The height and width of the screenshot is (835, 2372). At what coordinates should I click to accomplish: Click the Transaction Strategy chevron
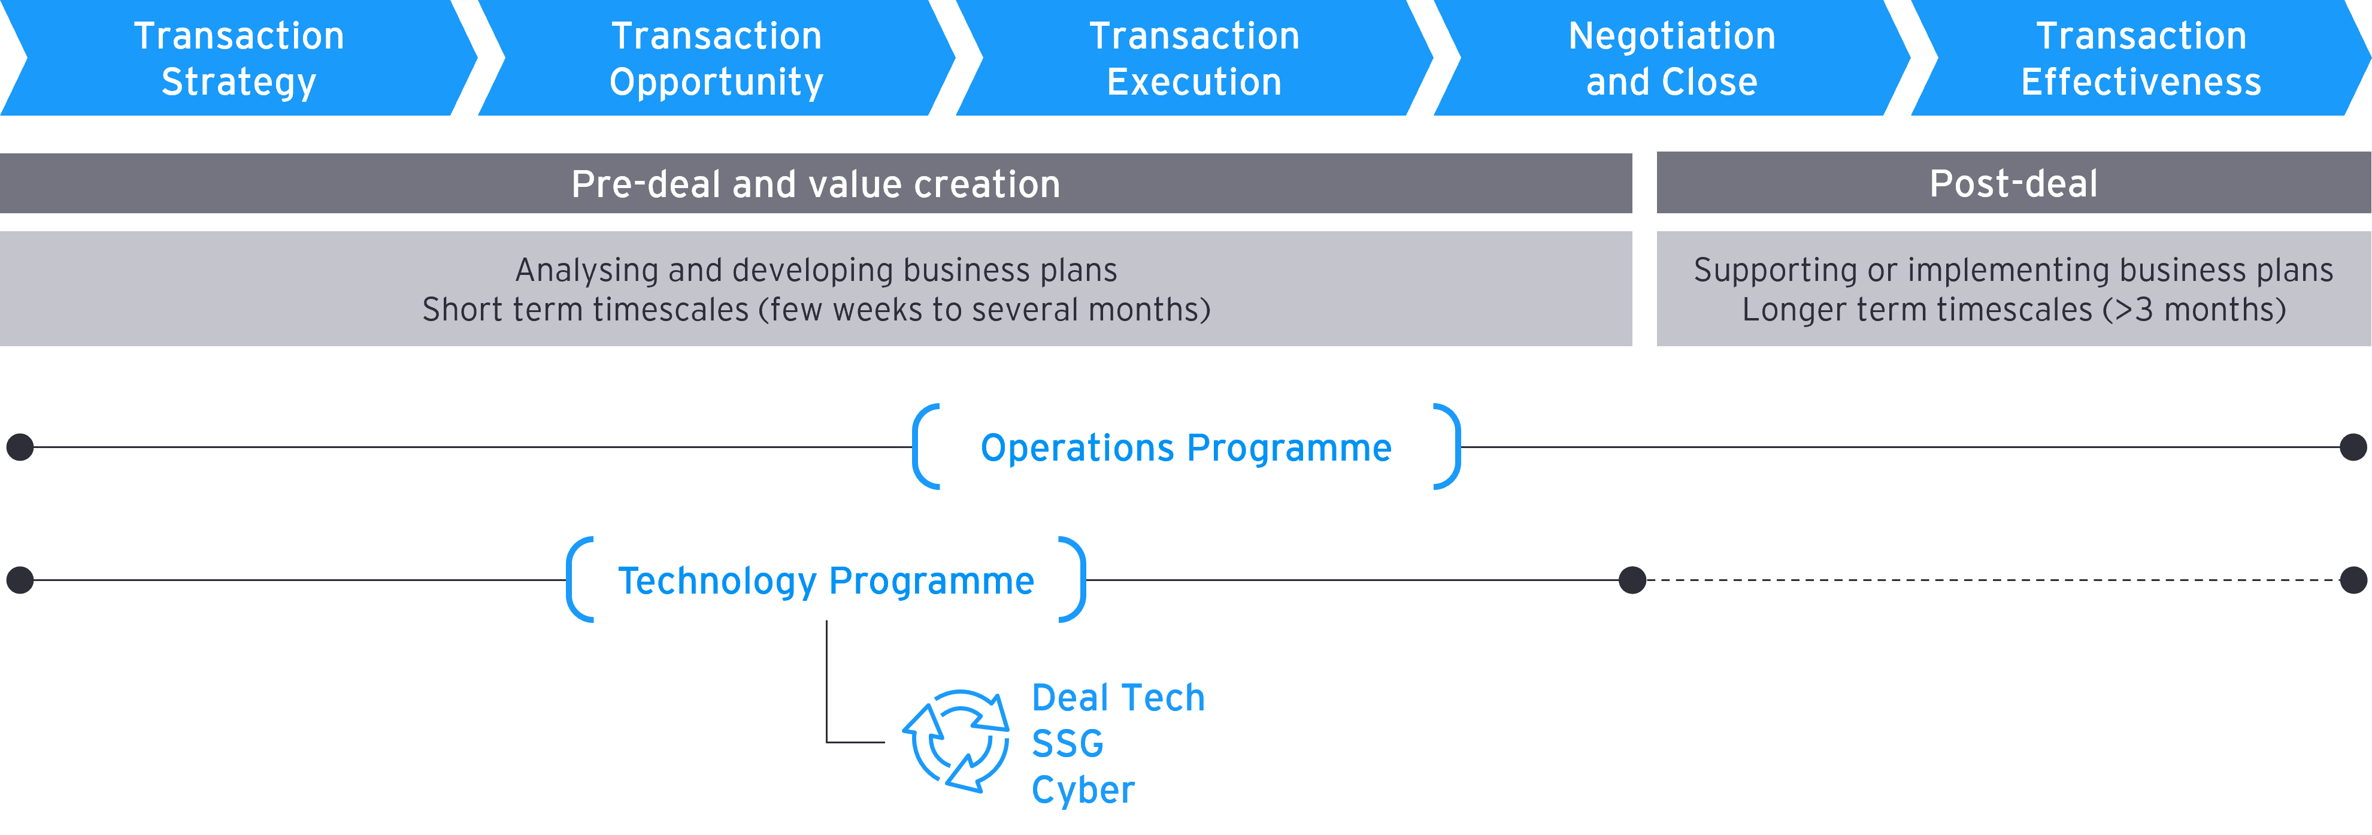pos(238,58)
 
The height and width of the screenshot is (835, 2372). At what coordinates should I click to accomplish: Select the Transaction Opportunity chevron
pos(716,58)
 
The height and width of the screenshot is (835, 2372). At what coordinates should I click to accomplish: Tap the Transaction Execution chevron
pos(1194,58)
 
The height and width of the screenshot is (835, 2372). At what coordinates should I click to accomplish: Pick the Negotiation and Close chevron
pos(1671,58)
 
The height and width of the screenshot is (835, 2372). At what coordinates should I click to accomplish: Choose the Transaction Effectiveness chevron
pos(2141,58)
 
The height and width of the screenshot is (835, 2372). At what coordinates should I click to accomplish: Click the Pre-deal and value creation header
pos(816,183)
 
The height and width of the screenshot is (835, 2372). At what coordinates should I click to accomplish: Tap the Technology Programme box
pos(826,580)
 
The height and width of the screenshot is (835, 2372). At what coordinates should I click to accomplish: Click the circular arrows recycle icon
pos(955,741)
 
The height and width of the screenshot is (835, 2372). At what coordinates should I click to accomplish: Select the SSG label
pos(1067,743)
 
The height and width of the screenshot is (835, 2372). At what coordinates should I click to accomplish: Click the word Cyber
pos(1083,789)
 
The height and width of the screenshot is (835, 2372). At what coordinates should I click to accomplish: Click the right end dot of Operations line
pos(2353,447)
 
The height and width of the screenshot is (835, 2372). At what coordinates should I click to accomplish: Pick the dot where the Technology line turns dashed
pos(1632,580)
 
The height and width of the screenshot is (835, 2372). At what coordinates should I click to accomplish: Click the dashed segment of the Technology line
pos(1989,580)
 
